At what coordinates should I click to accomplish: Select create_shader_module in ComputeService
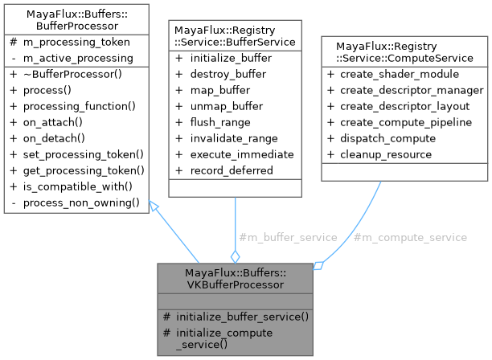click(x=403, y=75)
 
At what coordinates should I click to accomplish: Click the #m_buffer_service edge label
click(x=288, y=237)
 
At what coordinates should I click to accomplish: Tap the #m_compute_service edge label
click(x=410, y=237)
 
